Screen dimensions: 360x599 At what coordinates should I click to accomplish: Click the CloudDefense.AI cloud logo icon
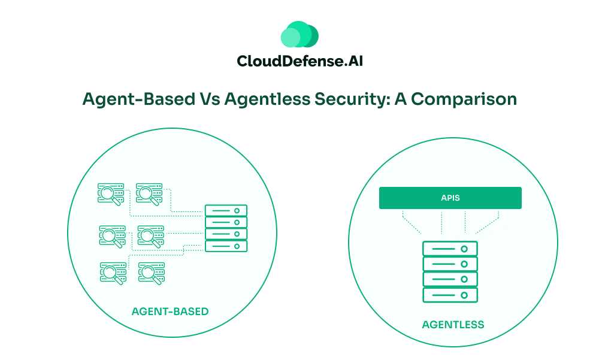(299, 34)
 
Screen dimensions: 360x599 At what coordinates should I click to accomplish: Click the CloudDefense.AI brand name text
(299, 61)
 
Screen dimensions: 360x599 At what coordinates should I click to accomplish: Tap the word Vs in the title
(209, 99)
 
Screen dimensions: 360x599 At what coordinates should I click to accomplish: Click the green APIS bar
(450, 198)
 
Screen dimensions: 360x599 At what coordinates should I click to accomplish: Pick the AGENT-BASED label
(170, 311)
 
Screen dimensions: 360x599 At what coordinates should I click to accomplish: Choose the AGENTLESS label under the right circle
(453, 325)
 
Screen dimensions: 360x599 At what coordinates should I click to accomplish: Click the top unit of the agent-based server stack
(226, 211)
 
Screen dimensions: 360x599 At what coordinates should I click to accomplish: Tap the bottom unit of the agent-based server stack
(226, 246)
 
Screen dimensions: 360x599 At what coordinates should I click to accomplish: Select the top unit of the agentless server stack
(450, 249)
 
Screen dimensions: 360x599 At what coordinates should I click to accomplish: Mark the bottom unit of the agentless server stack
(450, 295)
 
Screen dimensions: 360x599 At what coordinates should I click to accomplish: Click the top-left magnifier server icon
(111, 193)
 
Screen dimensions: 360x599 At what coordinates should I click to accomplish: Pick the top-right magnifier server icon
(149, 193)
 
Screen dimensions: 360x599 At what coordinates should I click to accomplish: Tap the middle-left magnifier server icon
(111, 235)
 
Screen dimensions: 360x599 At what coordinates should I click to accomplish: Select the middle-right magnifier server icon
(150, 235)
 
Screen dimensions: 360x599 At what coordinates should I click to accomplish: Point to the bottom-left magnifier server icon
(111, 272)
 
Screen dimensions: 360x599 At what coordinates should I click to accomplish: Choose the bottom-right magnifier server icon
(151, 272)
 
